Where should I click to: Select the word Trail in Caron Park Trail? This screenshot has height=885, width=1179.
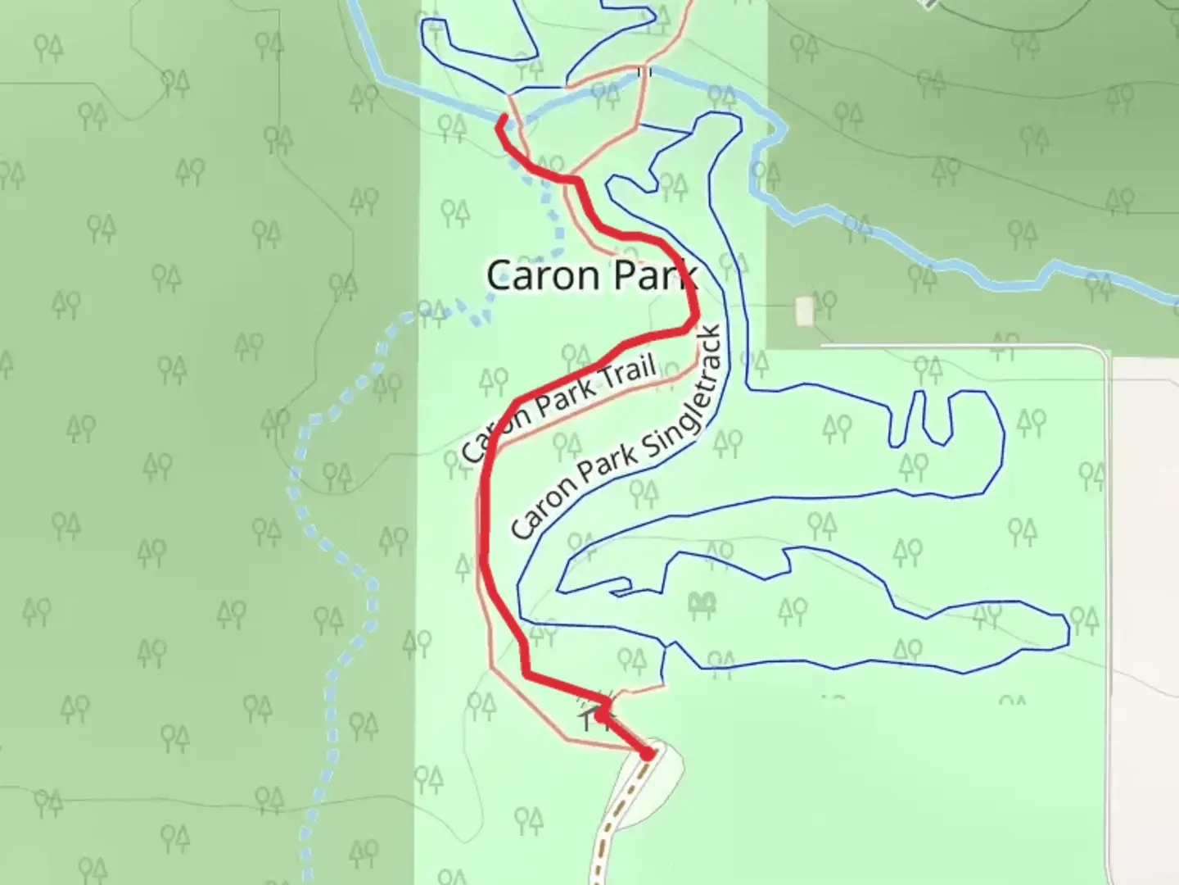pyautogui.click(x=628, y=374)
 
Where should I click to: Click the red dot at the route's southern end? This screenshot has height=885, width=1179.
pyautogui.click(x=648, y=753)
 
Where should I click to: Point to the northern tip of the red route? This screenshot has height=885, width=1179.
pyautogui.click(x=501, y=120)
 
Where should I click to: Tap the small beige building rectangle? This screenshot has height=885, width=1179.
pyautogui.click(x=804, y=310)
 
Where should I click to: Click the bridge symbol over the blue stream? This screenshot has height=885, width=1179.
pyautogui.click(x=644, y=72)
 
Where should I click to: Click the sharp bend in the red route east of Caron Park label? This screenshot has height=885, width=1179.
pyautogui.click(x=694, y=324)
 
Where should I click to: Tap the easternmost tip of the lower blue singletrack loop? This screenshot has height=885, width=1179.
pyautogui.click(x=1068, y=629)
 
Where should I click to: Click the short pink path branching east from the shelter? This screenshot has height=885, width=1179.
pyautogui.click(x=639, y=692)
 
